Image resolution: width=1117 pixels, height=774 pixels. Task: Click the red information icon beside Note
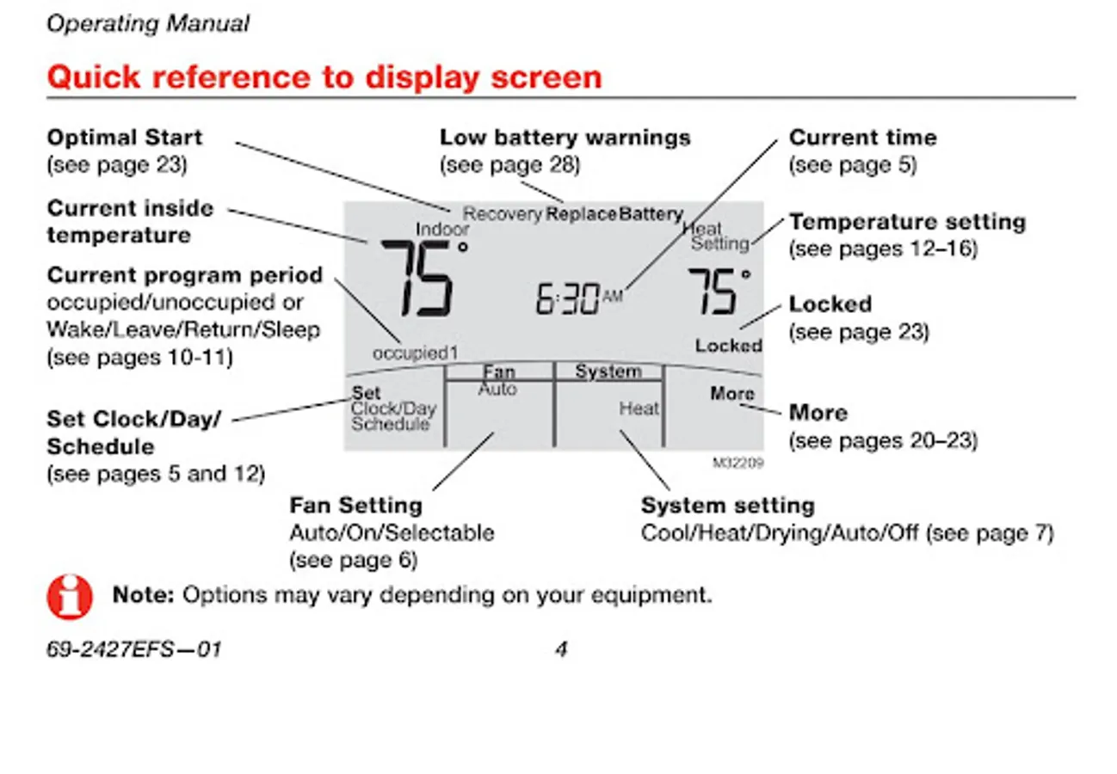(x=70, y=596)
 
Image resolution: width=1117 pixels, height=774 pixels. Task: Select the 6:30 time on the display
(x=568, y=298)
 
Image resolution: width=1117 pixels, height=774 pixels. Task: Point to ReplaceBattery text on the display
(x=614, y=214)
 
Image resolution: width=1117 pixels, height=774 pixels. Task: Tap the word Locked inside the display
(x=728, y=346)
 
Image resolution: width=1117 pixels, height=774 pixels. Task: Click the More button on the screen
(x=732, y=394)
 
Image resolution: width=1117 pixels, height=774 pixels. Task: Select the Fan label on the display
(x=498, y=372)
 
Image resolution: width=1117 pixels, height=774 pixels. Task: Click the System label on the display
(x=608, y=372)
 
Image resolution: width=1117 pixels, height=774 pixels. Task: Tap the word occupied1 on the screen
(x=416, y=353)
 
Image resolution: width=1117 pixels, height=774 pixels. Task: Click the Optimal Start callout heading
(x=125, y=138)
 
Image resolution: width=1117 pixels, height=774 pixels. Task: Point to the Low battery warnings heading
(x=565, y=138)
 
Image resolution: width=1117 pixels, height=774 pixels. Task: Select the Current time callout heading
(x=862, y=138)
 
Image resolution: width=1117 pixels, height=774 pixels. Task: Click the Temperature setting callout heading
(x=907, y=222)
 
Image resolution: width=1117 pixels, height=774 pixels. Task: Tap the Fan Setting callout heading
(x=355, y=505)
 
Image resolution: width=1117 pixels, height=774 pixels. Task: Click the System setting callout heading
(x=727, y=505)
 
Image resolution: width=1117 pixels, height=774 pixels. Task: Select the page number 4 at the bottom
(x=560, y=649)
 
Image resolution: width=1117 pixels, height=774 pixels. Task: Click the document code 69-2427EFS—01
(x=133, y=649)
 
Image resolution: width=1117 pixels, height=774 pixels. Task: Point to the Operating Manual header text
(x=148, y=24)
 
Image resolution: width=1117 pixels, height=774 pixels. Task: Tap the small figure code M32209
(x=737, y=463)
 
